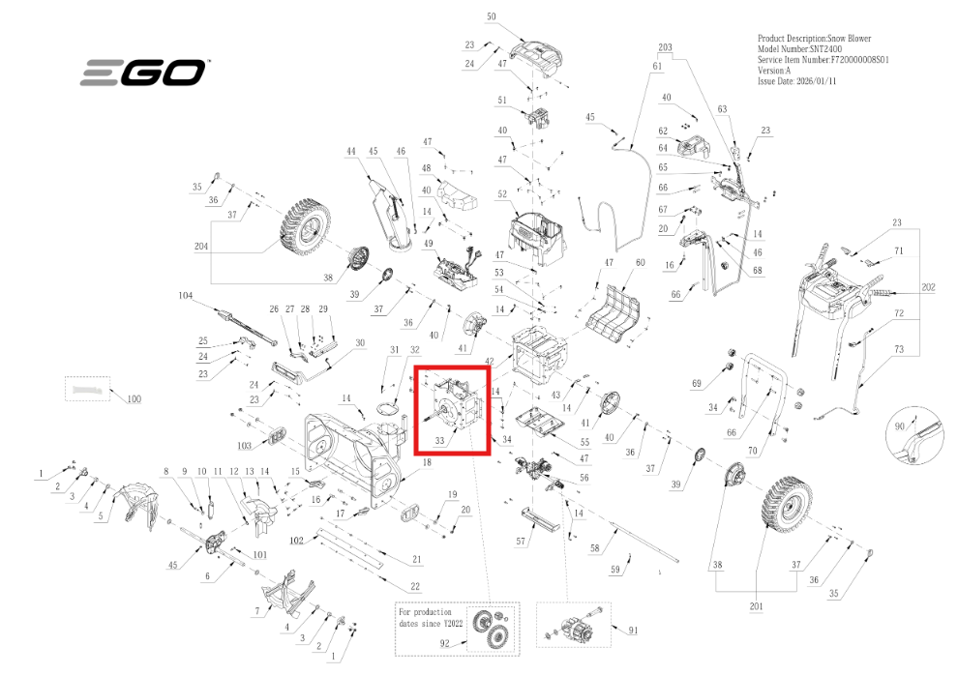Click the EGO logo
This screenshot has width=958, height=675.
pyautogui.click(x=142, y=73)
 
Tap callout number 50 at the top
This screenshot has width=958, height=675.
pyautogui.click(x=491, y=17)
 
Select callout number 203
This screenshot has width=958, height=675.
pyautogui.click(x=665, y=47)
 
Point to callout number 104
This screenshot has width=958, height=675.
pyautogui.click(x=187, y=294)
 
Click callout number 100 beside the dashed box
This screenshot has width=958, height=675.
pyautogui.click(x=134, y=398)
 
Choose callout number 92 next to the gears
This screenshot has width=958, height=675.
pyautogui.click(x=446, y=641)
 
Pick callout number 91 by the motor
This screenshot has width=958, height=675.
pyautogui.click(x=633, y=631)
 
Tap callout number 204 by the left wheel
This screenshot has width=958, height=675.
pyautogui.click(x=201, y=247)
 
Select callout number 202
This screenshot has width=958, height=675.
pyautogui.click(x=928, y=288)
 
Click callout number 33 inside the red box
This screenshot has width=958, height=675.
pyautogui.click(x=439, y=440)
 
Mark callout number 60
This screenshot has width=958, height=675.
pyautogui.click(x=639, y=263)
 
